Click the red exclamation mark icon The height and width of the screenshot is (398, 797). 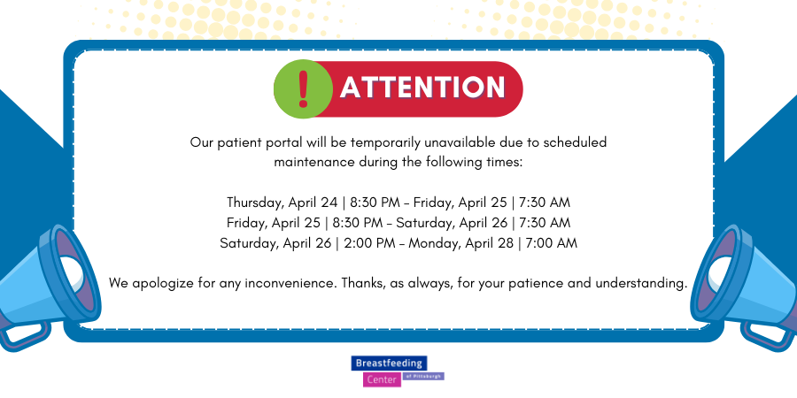click(x=304, y=88)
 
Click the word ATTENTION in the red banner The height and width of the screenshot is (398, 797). click(x=422, y=88)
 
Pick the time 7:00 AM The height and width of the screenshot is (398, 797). click(x=552, y=243)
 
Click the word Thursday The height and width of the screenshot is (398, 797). click(x=255, y=203)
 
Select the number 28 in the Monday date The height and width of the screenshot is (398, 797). click(x=506, y=243)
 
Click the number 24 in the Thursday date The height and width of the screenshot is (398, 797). click(x=329, y=203)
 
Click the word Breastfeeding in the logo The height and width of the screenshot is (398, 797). click(x=389, y=363)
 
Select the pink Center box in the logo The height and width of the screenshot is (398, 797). click(x=382, y=379)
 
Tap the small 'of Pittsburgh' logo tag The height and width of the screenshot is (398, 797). click(x=423, y=376)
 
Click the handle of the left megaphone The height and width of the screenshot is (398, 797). click(x=23, y=334)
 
